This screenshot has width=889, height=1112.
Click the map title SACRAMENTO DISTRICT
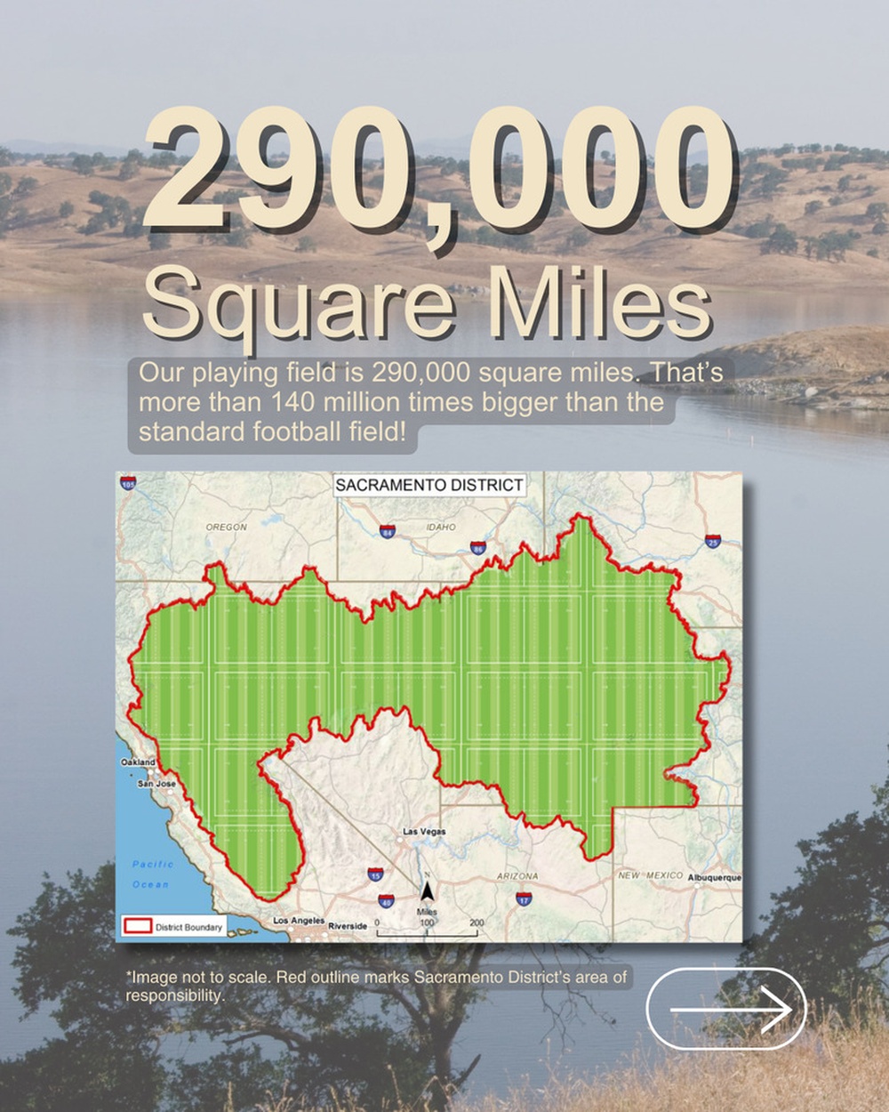(x=429, y=485)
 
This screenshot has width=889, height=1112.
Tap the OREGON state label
(x=227, y=528)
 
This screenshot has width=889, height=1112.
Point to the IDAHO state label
(x=441, y=528)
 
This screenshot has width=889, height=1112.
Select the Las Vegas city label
(x=424, y=832)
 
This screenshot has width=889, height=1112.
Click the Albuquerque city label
(x=714, y=877)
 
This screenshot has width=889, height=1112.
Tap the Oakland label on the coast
(x=138, y=762)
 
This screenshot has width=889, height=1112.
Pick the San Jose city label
(x=156, y=784)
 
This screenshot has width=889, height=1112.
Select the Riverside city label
(x=348, y=926)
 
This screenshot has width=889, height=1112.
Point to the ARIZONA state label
(x=517, y=876)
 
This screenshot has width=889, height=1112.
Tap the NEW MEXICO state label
(x=651, y=875)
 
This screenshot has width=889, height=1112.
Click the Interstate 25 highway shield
(x=713, y=541)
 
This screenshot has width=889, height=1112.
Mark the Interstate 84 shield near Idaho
(x=387, y=532)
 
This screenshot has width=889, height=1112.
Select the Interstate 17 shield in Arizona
(x=525, y=900)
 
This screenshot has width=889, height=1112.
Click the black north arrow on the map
(x=427, y=890)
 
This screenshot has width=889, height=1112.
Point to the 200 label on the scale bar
(x=477, y=923)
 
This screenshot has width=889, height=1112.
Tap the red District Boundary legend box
(x=138, y=926)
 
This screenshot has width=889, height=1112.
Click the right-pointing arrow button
(x=726, y=1009)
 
